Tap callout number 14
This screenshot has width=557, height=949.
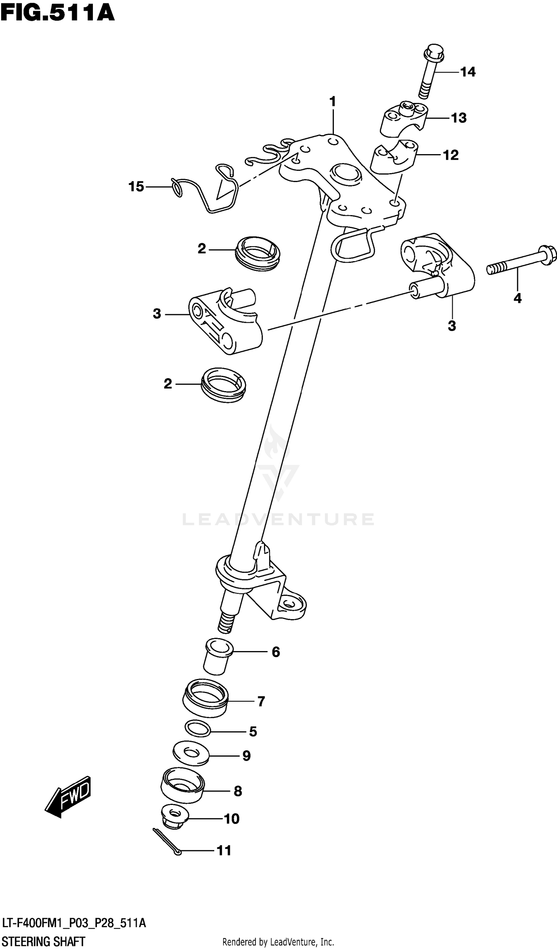[x=468, y=72]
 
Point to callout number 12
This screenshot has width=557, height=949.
[x=451, y=155]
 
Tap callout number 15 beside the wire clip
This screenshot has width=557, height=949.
[x=136, y=186]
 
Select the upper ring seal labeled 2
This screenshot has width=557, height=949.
[x=257, y=254]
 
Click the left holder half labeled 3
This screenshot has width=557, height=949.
[x=225, y=322]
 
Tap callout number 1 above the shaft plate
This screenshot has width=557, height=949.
[x=333, y=102]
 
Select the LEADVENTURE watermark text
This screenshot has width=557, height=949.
[x=278, y=519]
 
